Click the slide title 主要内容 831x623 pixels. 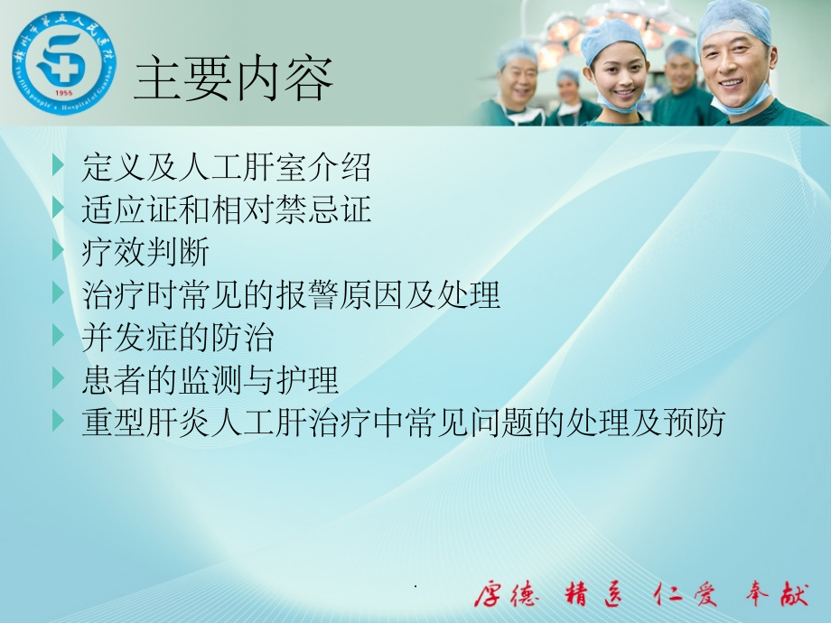click(233, 79)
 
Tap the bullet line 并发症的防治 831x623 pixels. click(177, 338)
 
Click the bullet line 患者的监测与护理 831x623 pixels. click(210, 380)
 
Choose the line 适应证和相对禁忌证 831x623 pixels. click(226, 210)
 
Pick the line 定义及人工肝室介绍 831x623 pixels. click(226, 168)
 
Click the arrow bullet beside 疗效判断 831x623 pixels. click(60, 251)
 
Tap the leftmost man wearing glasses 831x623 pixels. click(518, 81)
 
